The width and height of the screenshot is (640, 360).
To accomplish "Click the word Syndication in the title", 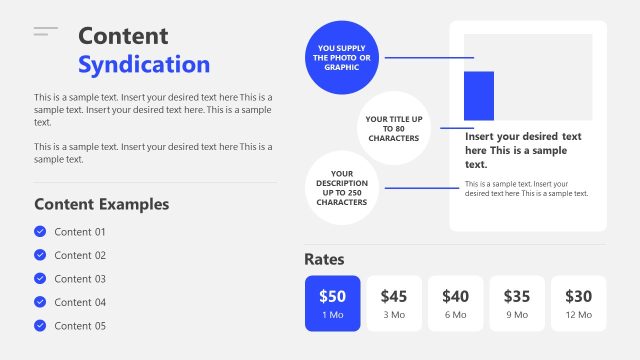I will [144, 65].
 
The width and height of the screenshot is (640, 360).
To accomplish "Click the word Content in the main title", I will [123, 36].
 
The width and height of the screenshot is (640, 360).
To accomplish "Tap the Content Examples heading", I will [101, 204].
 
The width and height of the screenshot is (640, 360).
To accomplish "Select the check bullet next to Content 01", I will [40, 232].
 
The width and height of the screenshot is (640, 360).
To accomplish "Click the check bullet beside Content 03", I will [40, 279].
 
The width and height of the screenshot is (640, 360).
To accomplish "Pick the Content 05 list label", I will [80, 326].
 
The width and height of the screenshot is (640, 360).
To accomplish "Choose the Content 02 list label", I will [80, 255].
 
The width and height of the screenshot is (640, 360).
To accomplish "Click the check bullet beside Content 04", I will [40, 302].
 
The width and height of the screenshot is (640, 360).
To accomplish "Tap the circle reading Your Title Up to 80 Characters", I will [393, 128].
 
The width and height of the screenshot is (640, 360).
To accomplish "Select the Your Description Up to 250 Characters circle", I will [341, 187].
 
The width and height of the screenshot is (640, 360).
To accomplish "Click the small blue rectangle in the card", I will [479, 96].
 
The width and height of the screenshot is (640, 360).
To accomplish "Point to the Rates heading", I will [324, 259].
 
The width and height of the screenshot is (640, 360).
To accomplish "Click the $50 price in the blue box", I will [332, 296].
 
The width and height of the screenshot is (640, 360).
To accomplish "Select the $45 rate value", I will [394, 296].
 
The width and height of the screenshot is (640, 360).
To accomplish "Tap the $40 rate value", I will [455, 296].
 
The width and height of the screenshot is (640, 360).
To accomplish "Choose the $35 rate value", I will [517, 296].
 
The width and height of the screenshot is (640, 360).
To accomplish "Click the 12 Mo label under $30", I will [578, 315].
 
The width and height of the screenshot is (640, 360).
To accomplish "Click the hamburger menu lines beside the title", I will [46, 33].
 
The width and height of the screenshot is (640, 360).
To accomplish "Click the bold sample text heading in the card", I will [523, 150].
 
